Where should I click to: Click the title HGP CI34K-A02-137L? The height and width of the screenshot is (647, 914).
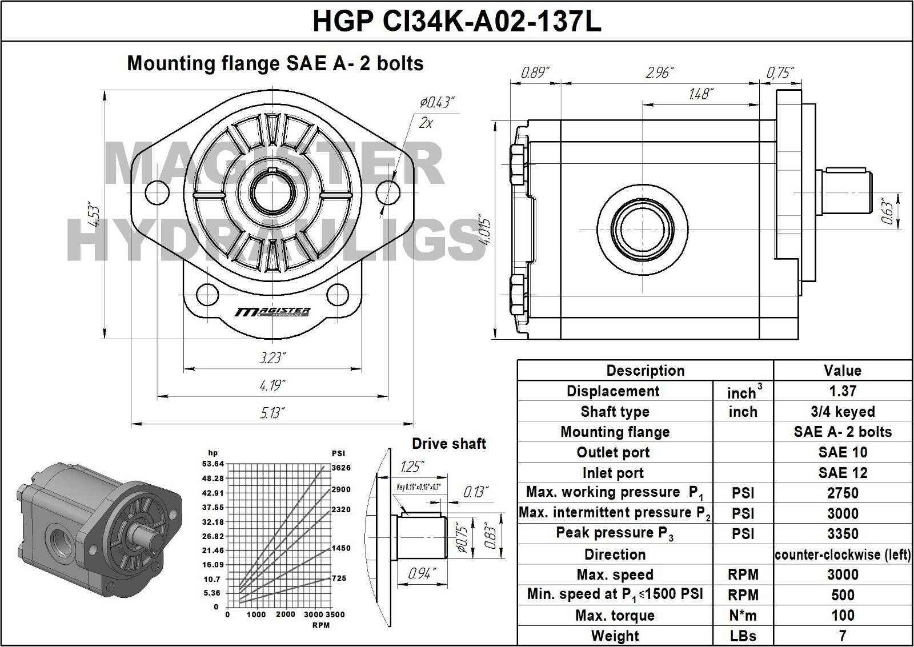456,22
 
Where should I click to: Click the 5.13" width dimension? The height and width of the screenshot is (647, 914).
272,412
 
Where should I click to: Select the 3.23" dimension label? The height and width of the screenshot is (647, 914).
272,358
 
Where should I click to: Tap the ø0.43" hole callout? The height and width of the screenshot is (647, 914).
437,103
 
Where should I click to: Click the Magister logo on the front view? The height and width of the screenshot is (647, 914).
273,312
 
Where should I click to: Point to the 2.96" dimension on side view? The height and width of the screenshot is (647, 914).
660,73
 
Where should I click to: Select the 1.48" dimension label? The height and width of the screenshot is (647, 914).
700,94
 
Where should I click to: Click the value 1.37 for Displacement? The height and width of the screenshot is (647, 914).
843,391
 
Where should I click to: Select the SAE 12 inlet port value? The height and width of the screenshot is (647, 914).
843,473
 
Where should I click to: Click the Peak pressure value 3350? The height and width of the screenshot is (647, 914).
843,534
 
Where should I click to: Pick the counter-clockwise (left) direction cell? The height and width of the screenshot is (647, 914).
843,554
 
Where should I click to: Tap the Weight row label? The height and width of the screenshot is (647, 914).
615,636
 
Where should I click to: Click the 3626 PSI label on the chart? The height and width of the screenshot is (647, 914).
341,468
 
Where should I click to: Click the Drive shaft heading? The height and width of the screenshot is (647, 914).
448,444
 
